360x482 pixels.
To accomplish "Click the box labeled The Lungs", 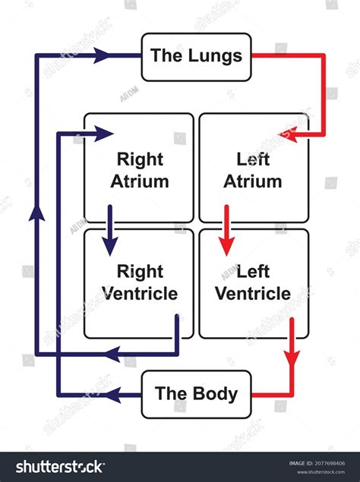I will (x=196, y=56).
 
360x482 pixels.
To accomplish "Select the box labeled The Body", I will (x=196, y=394).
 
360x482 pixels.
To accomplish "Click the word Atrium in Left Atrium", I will (x=254, y=181).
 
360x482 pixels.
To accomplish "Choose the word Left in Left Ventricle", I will (x=254, y=271).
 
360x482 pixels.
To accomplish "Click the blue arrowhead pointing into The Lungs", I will (x=103, y=55).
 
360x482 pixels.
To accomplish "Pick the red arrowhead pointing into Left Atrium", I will (x=288, y=134).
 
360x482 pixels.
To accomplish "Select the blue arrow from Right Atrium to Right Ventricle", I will (x=110, y=228).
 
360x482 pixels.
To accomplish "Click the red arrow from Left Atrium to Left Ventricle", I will (x=226, y=228).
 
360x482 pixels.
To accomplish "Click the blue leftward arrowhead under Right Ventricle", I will (x=111, y=354).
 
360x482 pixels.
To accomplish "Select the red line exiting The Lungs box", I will (x=289, y=55).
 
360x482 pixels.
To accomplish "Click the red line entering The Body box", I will (x=272, y=395).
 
